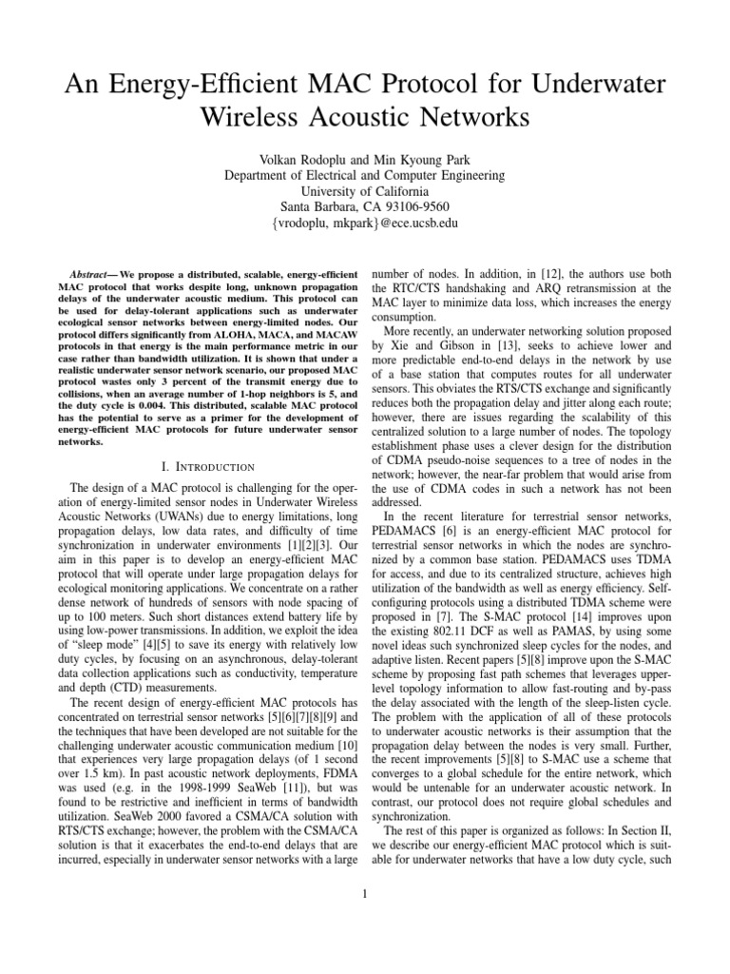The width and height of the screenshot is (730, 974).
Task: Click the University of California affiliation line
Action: (x=364, y=190)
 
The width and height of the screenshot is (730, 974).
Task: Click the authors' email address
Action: (x=364, y=224)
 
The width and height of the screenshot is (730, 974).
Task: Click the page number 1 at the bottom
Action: (x=365, y=892)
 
